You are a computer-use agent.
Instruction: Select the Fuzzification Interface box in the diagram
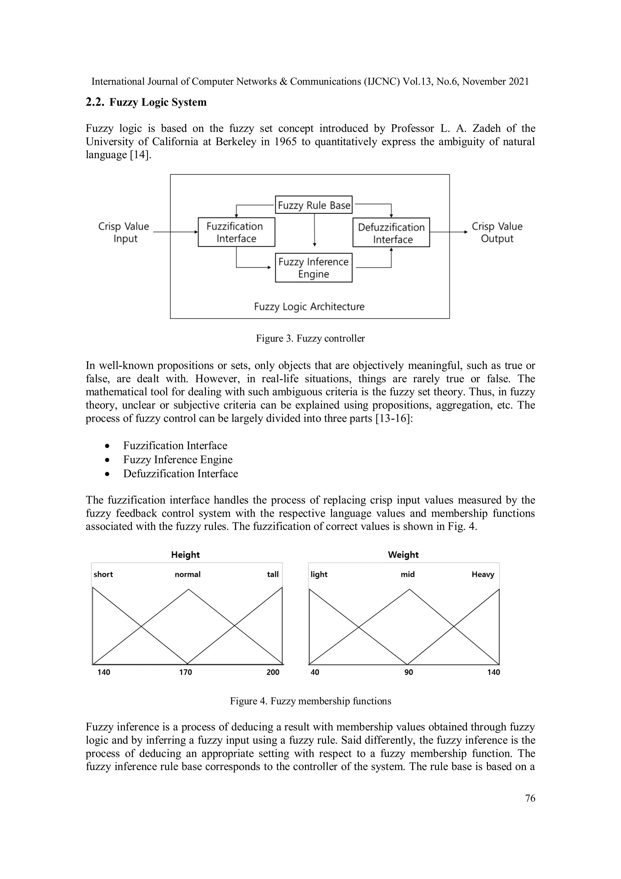click(236, 232)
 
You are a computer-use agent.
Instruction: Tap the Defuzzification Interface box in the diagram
click(391, 233)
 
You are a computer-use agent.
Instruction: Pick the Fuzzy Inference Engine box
click(313, 268)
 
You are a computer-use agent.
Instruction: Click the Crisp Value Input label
click(124, 232)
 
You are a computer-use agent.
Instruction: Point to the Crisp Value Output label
click(497, 232)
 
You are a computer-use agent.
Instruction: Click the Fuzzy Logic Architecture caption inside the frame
click(309, 307)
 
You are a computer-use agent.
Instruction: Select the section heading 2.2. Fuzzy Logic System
click(146, 102)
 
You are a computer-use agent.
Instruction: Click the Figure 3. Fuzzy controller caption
click(310, 338)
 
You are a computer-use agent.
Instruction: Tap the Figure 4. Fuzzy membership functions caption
click(310, 701)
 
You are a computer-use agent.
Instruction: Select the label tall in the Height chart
click(272, 574)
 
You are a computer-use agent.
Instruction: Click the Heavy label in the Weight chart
click(482, 574)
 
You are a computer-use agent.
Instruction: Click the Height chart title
click(185, 555)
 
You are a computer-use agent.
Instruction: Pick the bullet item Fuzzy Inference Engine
click(178, 459)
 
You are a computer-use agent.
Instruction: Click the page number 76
click(530, 798)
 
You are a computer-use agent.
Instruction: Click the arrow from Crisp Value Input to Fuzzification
click(175, 232)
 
